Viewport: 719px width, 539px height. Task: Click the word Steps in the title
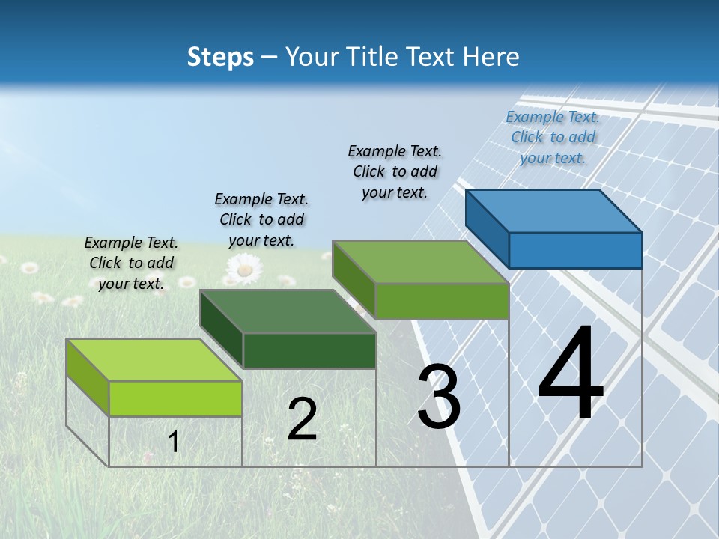point(220,57)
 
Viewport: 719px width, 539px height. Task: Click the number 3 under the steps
point(439,396)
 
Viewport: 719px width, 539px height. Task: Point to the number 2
point(302,419)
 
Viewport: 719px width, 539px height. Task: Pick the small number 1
point(174,442)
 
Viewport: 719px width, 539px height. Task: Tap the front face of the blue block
point(575,250)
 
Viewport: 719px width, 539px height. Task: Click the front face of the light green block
point(175,398)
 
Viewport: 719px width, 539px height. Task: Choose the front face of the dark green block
point(309,350)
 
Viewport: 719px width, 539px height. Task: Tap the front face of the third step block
point(442,301)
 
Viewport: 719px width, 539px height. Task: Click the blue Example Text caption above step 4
point(553,137)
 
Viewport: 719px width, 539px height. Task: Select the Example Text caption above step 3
point(395,171)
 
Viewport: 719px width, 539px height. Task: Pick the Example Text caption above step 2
point(261,219)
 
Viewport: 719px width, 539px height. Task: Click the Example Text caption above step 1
point(131,263)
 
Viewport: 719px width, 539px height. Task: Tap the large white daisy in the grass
point(243,268)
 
